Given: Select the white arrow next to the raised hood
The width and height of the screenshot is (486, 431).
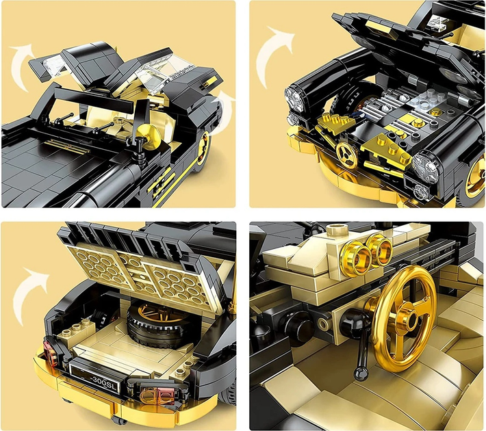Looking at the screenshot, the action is pos(274,53).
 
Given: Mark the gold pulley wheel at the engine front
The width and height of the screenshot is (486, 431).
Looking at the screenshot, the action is pos(346,155).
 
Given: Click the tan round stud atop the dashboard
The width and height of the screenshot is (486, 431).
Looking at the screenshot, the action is pos(334,231).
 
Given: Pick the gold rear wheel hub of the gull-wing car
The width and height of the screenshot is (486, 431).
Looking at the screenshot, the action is pos(203,148).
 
